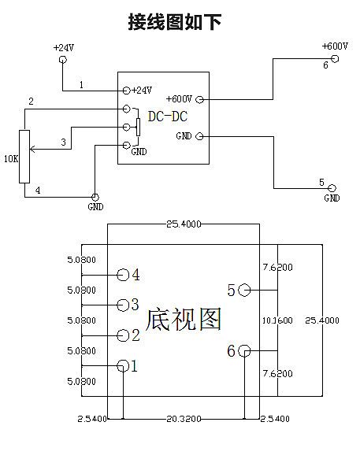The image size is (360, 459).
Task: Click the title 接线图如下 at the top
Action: (x=175, y=21)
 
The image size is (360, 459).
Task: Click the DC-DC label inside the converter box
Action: (x=168, y=117)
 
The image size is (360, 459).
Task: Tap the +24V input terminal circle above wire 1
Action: (x=63, y=60)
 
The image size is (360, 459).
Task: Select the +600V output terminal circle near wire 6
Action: (x=335, y=59)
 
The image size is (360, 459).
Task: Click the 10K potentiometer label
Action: (x=11, y=159)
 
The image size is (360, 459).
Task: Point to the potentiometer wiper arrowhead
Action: (x=32, y=150)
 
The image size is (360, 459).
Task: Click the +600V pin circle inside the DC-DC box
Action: (x=199, y=99)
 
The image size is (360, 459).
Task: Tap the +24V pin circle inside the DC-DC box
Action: (x=126, y=91)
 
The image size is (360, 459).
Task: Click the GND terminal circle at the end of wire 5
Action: (x=332, y=188)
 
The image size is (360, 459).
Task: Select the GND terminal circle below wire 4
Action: (x=95, y=197)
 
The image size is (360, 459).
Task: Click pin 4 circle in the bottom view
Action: (x=123, y=275)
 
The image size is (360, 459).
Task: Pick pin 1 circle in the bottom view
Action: (x=123, y=366)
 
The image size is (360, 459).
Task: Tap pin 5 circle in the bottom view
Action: (x=244, y=290)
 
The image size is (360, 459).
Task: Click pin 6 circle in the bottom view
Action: (x=244, y=350)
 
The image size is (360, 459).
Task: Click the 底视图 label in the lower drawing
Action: (x=184, y=320)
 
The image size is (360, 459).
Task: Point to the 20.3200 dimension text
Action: (x=184, y=419)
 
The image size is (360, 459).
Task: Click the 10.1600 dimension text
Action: (x=277, y=320)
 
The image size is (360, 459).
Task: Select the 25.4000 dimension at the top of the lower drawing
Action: (x=184, y=224)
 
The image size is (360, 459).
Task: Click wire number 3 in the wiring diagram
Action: (x=64, y=143)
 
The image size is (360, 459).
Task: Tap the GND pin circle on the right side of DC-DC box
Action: (x=199, y=136)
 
